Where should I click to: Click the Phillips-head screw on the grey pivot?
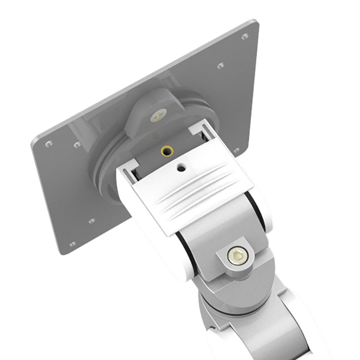(x=158, y=115)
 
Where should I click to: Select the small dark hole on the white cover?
(x=181, y=168)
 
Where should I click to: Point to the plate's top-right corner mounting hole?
(x=245, y=36)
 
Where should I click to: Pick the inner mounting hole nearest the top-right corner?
(x=220, y=66)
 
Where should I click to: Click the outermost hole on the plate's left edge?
(x=49, y=144)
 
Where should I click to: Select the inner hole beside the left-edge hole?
(x=77, y=145)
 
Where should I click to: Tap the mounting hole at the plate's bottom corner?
(x=72, y=244)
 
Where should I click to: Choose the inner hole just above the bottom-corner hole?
(x=91, y=221)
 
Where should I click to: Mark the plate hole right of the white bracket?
(x=237, y=150)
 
